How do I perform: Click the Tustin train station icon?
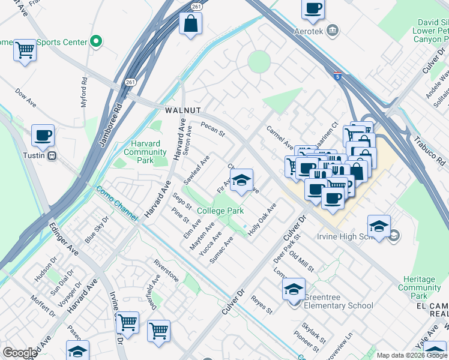52,156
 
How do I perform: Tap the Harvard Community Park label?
145,152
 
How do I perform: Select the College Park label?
220,211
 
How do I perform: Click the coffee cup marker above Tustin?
43,136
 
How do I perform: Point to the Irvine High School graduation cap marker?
379,226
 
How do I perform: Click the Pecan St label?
212,129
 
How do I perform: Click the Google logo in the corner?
19,353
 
